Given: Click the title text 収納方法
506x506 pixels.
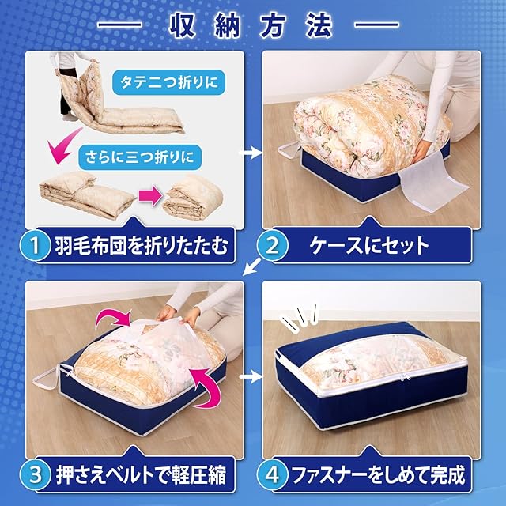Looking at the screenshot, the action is pos(251,26).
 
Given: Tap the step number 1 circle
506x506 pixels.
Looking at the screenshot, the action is pos(36,246).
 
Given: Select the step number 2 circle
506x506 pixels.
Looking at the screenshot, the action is pos(273,246).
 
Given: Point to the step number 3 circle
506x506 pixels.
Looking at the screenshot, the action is pos(36,474).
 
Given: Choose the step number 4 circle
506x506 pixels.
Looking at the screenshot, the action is pos(273,474).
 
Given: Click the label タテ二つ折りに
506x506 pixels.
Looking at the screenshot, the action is pos(168,82).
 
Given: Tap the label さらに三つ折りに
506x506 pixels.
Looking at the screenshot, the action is pos(139,157).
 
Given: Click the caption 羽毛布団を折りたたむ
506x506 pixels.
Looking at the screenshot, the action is pos(142,246).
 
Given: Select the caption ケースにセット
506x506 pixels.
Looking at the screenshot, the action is pos(369,246).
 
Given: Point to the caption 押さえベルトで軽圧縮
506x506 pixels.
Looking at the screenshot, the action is pos(141,474).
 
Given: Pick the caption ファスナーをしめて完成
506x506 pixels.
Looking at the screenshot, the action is pos(378,474).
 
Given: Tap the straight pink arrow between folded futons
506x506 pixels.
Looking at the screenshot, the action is pos(150,195).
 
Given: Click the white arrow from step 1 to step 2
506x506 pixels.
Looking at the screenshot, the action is pos(251,153).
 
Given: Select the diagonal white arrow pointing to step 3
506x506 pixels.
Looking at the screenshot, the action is pos(251,266).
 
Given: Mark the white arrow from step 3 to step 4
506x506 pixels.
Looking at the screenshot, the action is pos(251,376).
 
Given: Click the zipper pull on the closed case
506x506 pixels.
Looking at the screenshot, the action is pos(404,377).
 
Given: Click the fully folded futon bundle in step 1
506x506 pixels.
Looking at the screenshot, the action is pos(193,198).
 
